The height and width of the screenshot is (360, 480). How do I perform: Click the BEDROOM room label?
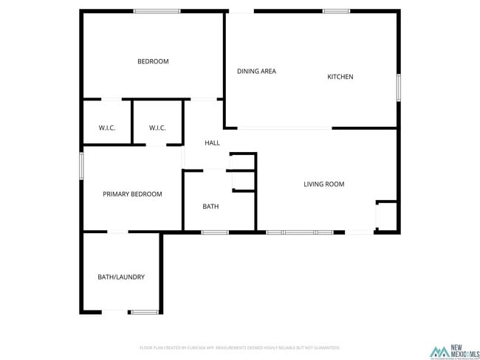tap(153, 61)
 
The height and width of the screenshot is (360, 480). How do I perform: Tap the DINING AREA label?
tap(256, 72)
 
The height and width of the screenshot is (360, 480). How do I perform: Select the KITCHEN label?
tap(340, 77)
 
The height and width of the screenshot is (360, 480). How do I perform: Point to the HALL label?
tap(212, 143)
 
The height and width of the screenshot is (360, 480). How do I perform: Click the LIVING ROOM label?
tap(323, 184)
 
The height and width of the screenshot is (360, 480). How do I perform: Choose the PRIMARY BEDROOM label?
tap(132, 194)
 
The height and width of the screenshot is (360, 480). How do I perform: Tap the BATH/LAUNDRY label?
tap(121, 277)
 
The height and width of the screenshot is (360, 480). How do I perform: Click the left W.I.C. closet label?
tap(107, 128)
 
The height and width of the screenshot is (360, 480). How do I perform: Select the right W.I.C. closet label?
tap(157, 128)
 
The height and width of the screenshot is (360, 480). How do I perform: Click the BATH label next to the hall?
tap(210, 207)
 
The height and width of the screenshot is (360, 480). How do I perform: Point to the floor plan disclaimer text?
tap(239, 347)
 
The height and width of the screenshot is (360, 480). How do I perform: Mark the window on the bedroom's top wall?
tap(157, 11)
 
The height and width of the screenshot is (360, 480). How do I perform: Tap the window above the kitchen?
tap(337, 11)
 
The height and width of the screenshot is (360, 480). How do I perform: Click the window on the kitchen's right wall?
tap(398, 87)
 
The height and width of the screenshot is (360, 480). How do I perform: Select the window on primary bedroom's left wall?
tap(81, 165)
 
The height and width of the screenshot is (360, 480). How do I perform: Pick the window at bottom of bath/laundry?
tap(145, 312)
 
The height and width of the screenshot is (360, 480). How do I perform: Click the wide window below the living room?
tap(299, 233)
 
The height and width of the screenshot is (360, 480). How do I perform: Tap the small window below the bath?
tap(214, 233)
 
